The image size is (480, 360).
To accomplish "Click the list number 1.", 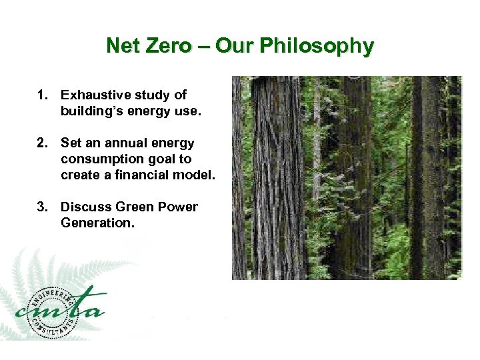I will tap(42, 95).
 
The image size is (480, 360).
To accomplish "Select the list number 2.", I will tap(42, 143).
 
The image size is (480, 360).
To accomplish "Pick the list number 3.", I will tap(42, 207).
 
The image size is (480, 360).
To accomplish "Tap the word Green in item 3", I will tap(131, 207).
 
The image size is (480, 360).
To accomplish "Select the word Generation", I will tap(97, 223).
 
